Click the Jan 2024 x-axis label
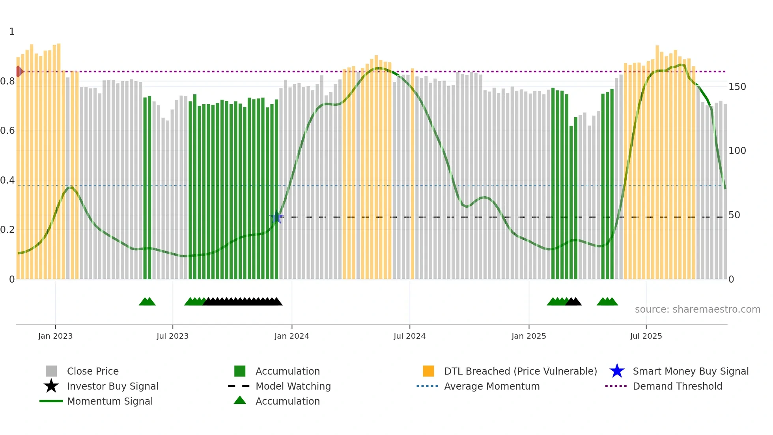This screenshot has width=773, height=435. click(291, 336)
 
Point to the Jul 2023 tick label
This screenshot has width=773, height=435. click(172, 336)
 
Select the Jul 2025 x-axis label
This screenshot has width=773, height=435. click(646, 336)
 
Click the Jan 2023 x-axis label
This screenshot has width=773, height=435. click(55, 336)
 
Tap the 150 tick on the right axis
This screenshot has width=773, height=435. click(737, 87)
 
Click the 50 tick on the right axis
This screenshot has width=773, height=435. click(734, 215)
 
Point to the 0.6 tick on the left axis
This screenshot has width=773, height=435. click(7, 131)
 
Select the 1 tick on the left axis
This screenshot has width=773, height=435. click(12, 32)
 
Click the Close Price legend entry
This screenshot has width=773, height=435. click(93, 371)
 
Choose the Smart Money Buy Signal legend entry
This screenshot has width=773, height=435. click(690, 371)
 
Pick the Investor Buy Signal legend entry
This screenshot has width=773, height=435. click(112, 386)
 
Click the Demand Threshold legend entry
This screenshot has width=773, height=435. click(677, 386)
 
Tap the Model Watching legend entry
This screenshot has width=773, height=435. click(293, 386)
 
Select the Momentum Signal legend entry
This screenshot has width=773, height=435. click(110, 401)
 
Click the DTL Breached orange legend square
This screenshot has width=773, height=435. click(428, 371)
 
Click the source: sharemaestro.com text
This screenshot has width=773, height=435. click(697, 309)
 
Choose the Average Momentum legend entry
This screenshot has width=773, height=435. click(491, 386)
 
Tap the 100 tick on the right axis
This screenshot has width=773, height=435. click(737, 151)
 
